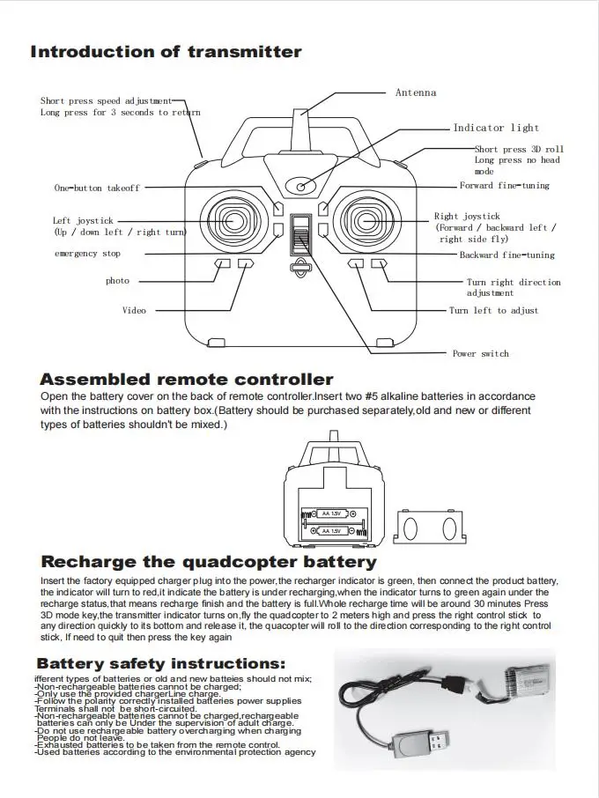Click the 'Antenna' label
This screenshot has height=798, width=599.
pos(415,92)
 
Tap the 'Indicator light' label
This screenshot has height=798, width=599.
pos(496,128)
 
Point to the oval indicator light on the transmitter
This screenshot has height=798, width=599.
pos(301,186)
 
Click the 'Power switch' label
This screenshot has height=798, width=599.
pos(480,353)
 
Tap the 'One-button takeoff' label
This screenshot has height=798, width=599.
pos(97,188)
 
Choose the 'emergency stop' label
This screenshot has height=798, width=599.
pos(87,254)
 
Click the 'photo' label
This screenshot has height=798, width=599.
pos(117,281)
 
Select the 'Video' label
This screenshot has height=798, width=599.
pos(134,310)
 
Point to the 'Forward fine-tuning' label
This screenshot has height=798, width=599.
pos(504,186)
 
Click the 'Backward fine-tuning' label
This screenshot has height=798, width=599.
pos(507,255)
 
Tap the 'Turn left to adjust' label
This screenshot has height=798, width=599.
pos(493,310)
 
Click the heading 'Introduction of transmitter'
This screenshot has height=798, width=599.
pos(166,52)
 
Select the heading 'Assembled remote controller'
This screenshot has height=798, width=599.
pos(187,380)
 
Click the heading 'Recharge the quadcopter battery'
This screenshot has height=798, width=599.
pos(209,561)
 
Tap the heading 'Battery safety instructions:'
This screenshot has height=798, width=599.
pos(160,663)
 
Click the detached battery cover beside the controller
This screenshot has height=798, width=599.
pos(427,527)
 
